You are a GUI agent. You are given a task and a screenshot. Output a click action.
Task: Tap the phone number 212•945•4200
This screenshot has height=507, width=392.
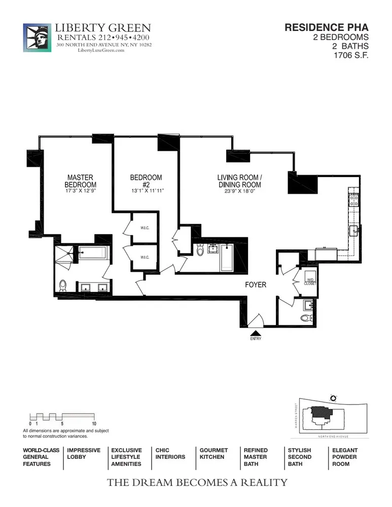tap(122, 38)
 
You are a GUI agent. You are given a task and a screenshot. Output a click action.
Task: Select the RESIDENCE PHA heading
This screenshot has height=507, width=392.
tap(326, 28)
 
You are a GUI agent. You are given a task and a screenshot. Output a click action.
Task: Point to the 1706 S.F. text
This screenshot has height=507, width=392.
tap(350, 56)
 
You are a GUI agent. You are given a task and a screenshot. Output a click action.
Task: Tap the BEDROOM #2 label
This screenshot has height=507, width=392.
tap(146, 181)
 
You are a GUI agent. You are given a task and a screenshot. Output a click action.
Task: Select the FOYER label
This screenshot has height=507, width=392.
tap(256, 285)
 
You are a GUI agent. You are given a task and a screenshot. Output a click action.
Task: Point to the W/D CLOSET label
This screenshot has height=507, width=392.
tap(310, 281)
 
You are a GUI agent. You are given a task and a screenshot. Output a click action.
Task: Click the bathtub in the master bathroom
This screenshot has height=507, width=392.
tap(92, 252)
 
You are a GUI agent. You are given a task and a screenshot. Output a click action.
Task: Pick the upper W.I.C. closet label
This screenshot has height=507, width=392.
tap(145, 228)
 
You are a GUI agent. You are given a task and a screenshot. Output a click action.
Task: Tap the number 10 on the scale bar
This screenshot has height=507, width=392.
tap(94, 423)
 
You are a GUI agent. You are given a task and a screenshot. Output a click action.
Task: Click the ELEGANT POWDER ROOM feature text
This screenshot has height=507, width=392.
tap(345, 457)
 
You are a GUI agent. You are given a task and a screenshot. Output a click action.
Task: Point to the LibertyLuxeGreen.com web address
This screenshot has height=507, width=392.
tap(101, 50)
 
